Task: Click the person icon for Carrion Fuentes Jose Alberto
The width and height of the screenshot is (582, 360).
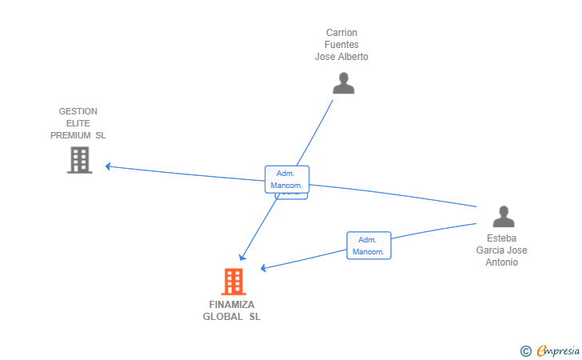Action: [343, 83]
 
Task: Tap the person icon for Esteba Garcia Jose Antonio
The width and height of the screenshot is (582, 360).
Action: [503, 217]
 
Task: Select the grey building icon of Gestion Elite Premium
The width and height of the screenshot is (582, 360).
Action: [79, 160]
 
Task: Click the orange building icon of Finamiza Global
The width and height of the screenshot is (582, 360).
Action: [233, 282]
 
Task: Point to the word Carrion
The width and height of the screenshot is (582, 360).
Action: [341, 33]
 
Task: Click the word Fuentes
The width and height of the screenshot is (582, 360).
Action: [341, 45]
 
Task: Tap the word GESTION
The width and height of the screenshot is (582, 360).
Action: [78, 111]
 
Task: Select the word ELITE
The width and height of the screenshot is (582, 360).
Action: [78, 123]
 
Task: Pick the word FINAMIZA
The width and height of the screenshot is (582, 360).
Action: [232, 305]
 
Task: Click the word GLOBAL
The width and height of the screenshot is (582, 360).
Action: [223, 317]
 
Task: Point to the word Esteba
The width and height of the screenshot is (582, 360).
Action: [501, 238]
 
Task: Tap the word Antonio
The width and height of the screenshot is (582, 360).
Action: [501, 262]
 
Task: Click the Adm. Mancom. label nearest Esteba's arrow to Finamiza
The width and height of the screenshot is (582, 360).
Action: [369, 246]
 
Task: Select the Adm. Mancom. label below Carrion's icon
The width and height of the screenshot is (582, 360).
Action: [287, 179]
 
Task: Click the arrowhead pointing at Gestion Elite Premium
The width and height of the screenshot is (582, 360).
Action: [108, 166]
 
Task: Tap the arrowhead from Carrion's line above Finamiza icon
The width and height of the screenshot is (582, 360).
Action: [242, 257]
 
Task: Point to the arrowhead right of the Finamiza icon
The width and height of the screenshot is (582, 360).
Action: [263, 268]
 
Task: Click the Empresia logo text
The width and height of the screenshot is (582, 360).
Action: [558, 350]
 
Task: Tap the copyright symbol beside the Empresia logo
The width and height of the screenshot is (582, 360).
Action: [525, 350]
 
